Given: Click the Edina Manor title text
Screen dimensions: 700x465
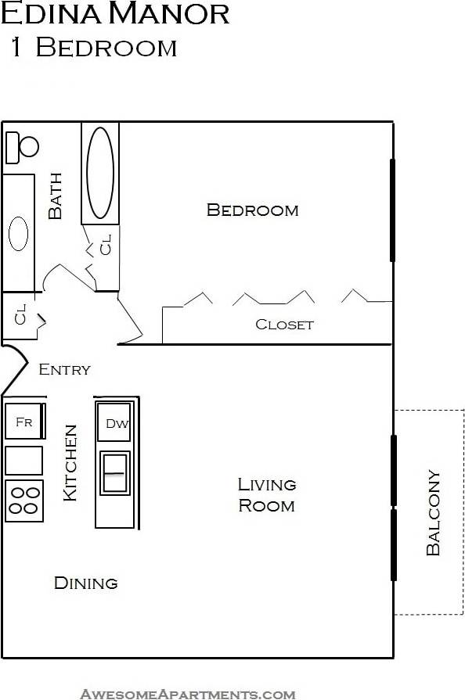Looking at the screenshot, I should (115, 13).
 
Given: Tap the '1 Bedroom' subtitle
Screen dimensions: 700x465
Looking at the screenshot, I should (93, 48).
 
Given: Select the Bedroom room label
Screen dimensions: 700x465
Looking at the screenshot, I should (252, 210).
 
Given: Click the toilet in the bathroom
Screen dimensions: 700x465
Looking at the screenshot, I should (23, 146).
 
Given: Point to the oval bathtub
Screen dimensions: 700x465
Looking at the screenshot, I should (100, 173).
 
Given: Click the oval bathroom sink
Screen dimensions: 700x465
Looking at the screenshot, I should (18, 233).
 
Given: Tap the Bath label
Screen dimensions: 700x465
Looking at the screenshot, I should (56, 200).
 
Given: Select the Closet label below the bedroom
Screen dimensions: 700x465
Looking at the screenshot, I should (284, 325).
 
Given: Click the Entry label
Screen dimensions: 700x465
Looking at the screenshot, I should (64, 369).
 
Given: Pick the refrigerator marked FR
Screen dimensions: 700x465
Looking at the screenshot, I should (24, 422).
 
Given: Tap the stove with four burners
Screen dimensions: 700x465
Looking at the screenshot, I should (24, 501).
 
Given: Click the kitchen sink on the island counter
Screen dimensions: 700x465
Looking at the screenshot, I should (115, 473).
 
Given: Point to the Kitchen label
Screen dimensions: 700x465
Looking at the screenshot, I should (70, 462).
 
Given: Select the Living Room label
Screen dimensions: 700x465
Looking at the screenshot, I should (266, 495).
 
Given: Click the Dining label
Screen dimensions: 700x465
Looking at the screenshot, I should (85, 583).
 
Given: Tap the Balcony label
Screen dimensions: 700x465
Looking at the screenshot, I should (433, 512).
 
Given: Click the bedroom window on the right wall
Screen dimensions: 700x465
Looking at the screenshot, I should (392, 210).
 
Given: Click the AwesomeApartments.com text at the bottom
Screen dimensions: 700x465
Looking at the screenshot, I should (188, 693).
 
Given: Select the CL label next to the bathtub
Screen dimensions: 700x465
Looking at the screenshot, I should (106, 245).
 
